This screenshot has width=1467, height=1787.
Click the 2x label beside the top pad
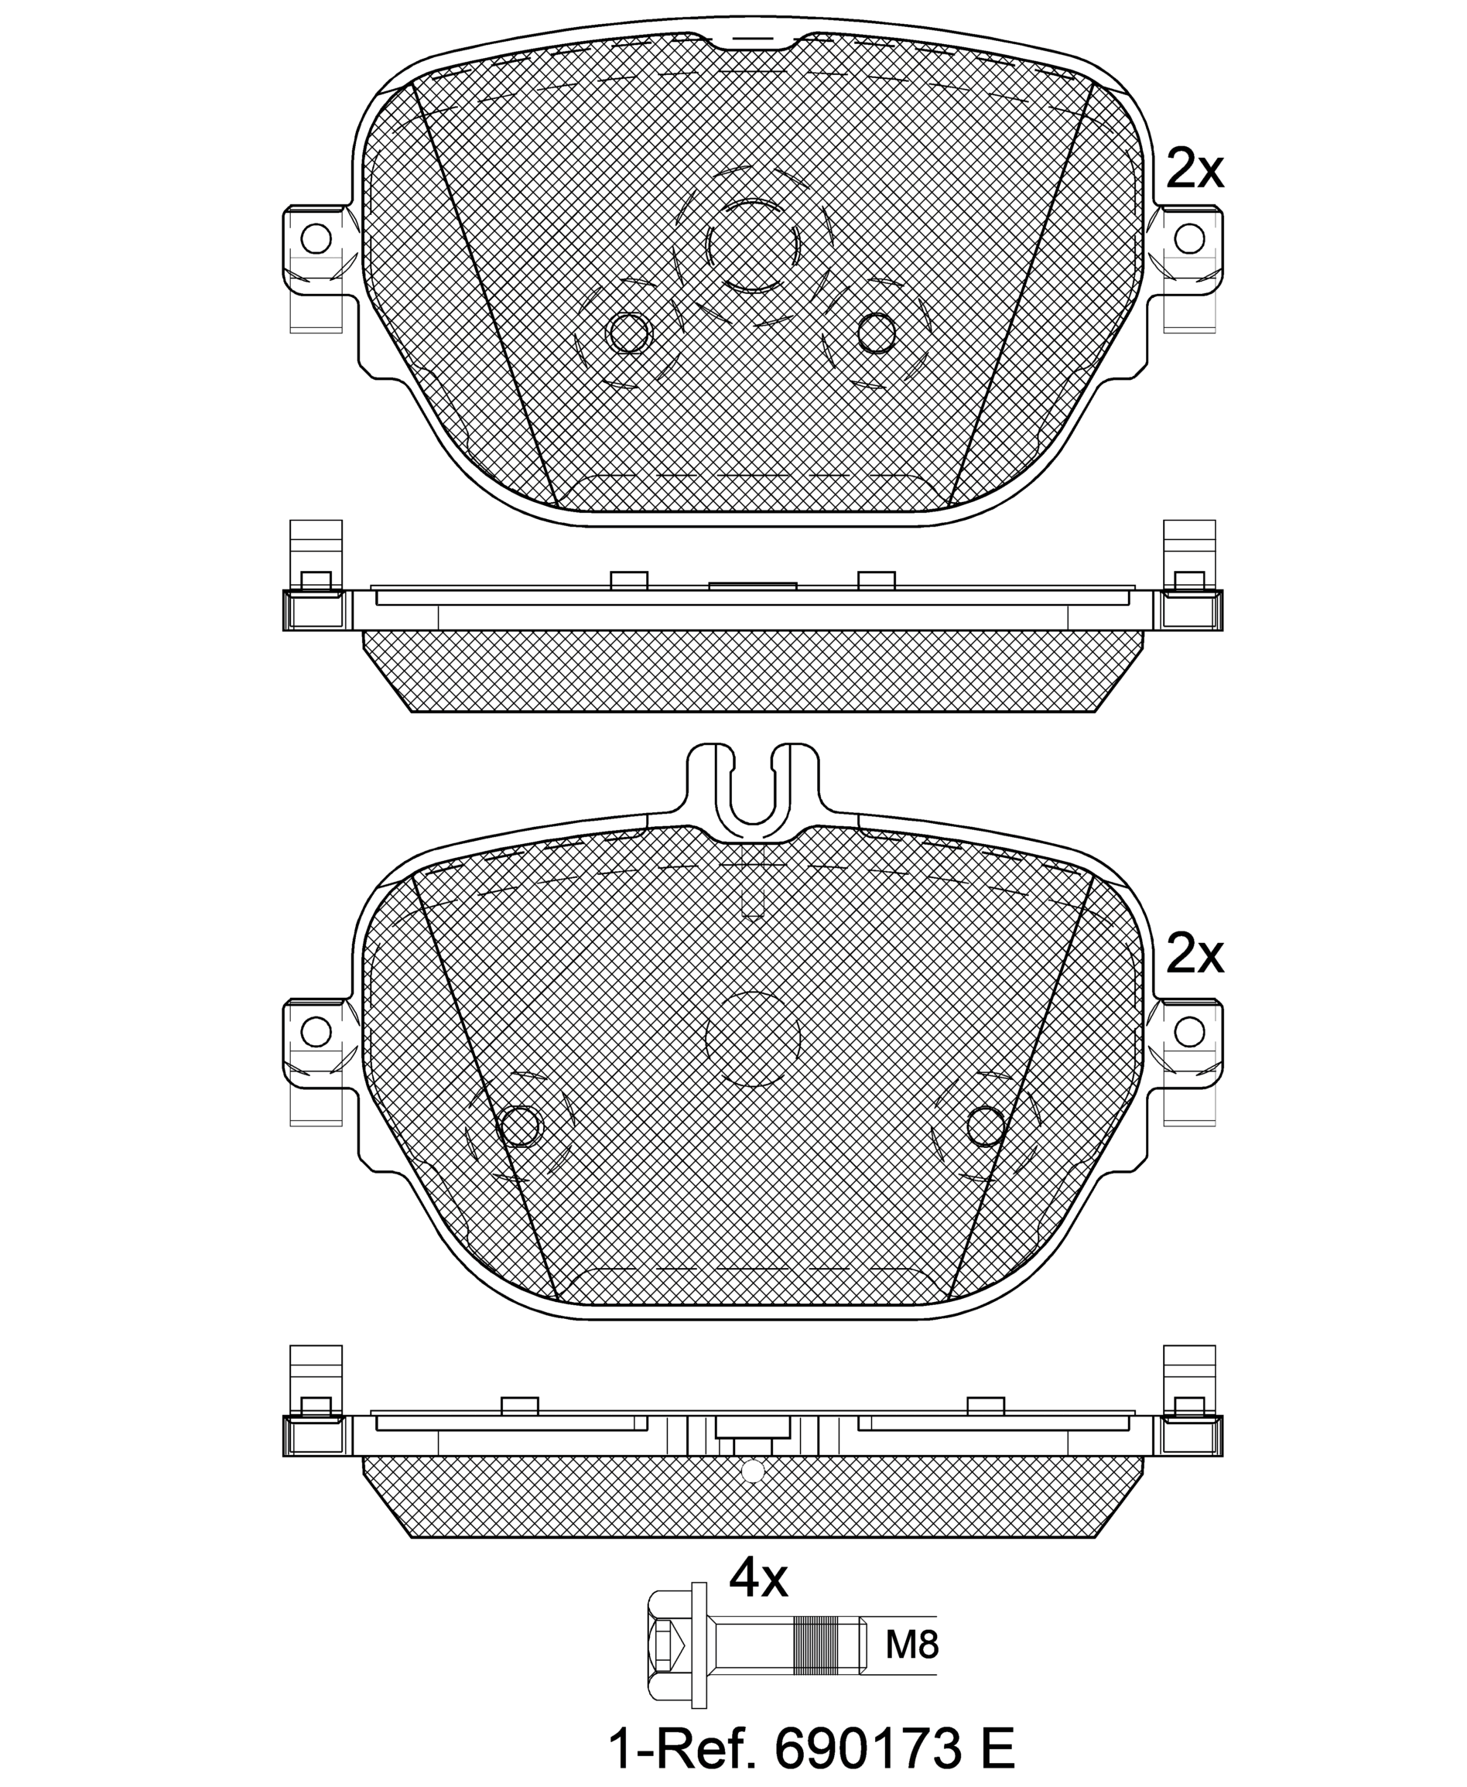(x=1194, y=169)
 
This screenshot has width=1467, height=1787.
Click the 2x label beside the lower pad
(x=1194, y=955)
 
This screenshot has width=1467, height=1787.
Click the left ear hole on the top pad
(x=316, y=239)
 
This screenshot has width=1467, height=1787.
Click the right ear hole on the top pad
(x=1190, y=239)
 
